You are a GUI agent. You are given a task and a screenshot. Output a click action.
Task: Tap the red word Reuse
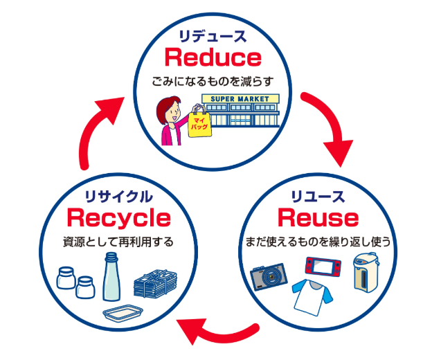point(318,218)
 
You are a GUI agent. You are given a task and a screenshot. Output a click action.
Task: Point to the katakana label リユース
point(317,196)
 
